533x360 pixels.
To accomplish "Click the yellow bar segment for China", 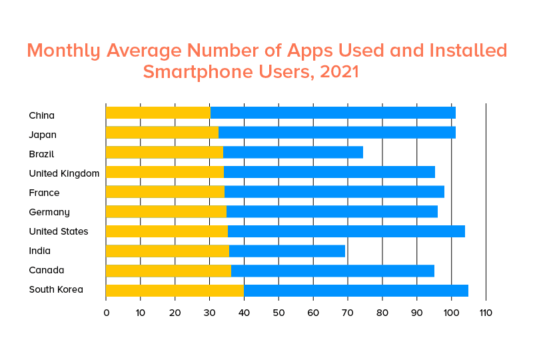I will pyautogui.click(x=158, y=113).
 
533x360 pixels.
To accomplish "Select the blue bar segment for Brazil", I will pyautogui.click(x=293, y=152).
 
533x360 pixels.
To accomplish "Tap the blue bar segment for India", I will pyautogui.click(x=287, y=251).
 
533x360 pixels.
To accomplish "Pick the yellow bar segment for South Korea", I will pyautogui.click(x=175, y=291).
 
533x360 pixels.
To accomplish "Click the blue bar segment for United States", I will pyautogui.click(x=346, y=231).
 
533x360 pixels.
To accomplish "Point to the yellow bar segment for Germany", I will pyautogui.click(x=166, y=212).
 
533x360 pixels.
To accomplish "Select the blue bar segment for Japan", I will pyautogui.click(x=337, y=132).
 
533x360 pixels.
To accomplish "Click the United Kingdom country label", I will pyautogui.click(x=64, y=173).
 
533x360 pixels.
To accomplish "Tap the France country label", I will pyautogui.click(x=44, y=193).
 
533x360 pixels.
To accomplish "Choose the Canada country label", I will pyautogui.click(x=46, y=270).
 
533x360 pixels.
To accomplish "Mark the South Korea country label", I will pyautogui.click(x=56, y=289).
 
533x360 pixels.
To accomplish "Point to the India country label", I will pyautogui.click(x=40, y=251).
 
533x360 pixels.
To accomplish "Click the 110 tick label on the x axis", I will pyautogui.click(x=486, y=312).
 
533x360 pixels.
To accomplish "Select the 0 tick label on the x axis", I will pyautogui.click(x=106, y=312).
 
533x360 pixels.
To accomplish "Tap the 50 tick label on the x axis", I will pyautogui.click(x=278, y=312).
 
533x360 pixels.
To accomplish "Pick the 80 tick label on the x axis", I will pyautogui.click(x=382, y=312).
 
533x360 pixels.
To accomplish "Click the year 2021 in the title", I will pyautogui.click(x=339, y=71).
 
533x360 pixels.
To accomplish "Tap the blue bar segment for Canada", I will pyautogui.click(x=332, y=271).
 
